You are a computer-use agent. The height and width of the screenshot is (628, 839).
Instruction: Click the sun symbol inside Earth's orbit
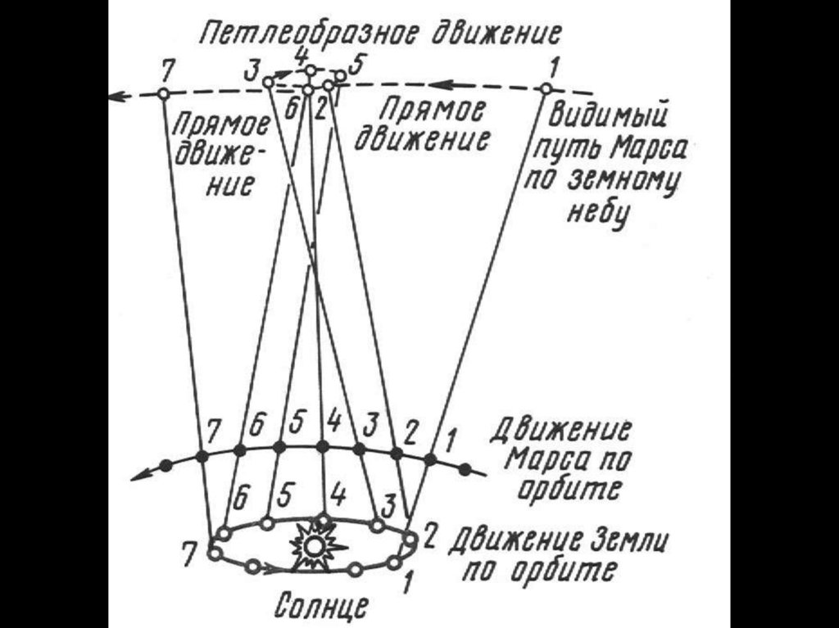311,544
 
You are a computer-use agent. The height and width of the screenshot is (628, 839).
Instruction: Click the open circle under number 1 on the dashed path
544,88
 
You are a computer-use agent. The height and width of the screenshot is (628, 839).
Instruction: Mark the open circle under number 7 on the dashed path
163,94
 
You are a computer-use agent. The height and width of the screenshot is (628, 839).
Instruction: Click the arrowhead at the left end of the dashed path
116,97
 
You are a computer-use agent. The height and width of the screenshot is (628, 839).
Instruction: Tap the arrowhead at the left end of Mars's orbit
140,475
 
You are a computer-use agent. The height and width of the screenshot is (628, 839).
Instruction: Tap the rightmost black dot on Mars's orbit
465,470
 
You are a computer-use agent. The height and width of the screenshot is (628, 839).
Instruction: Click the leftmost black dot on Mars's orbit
166,466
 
